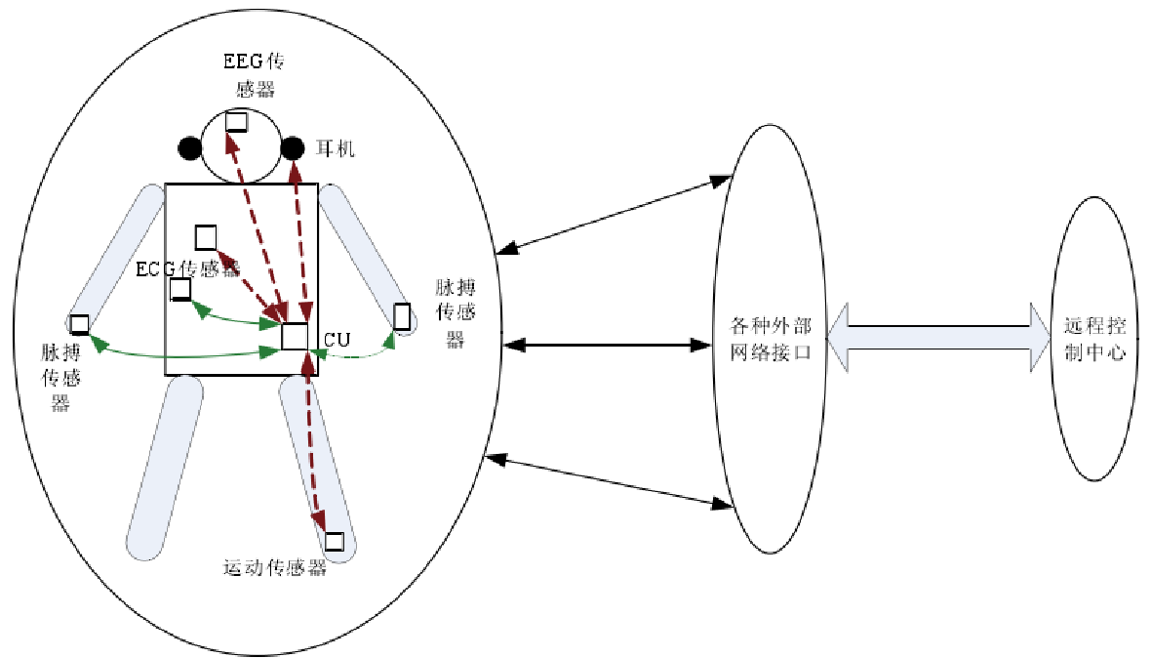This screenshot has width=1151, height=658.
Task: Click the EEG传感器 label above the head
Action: pyautogui.click(x=255, y=75)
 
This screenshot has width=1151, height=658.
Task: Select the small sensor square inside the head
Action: pyautogui.click(x=236, y=122)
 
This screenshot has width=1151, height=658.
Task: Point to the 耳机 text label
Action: pyautogui.click(x=337, y=149)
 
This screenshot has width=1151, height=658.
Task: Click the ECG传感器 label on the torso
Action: pyautogui.click(x=188, y=267)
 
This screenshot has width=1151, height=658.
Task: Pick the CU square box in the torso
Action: pyautogui.click(x=295, y=336)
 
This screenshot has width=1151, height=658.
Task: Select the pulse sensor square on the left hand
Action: pyautogui.click(x=79, y=323)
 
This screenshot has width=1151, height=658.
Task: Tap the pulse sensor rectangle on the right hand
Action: pyautogui.click(x=401, y=317)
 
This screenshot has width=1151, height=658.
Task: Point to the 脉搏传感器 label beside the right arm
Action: pyautogui.click(x=454, y=312)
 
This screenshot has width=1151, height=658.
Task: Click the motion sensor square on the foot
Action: pyautogui.click(x=335, y=541)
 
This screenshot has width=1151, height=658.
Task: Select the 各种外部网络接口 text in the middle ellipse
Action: pyautogui.click(x=772, y=339)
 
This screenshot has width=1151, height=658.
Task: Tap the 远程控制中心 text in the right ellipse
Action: pyautogui.click(x=1095, y=340)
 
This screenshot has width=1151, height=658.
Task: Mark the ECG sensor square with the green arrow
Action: pyautogui.click(x=180, y=289)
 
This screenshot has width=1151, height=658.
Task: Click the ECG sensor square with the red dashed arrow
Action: pyautogui.click(x=205, y=237)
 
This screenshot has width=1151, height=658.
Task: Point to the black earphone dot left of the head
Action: pyautogui.click(x=190, y=148)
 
